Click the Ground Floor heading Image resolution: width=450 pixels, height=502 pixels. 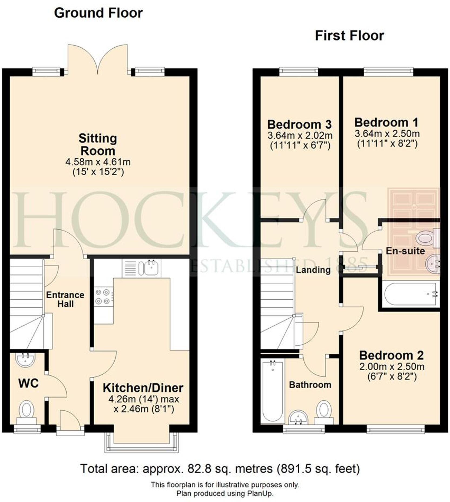pos(98,13)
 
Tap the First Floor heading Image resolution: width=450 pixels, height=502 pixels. pos(349,36)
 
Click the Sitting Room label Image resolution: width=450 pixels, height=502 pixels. pos(98,145)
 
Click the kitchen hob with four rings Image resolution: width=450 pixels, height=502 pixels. pos(104,296)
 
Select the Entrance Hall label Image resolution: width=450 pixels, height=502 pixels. pos(65,299)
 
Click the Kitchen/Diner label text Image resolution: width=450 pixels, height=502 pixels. pos(143,388)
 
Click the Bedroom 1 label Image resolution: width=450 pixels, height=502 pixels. pos(386,122)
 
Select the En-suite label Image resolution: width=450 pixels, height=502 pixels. pos(405,251)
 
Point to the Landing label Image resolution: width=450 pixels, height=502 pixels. pos(313,270)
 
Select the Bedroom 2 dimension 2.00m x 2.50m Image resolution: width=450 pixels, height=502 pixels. pos(392,367)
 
